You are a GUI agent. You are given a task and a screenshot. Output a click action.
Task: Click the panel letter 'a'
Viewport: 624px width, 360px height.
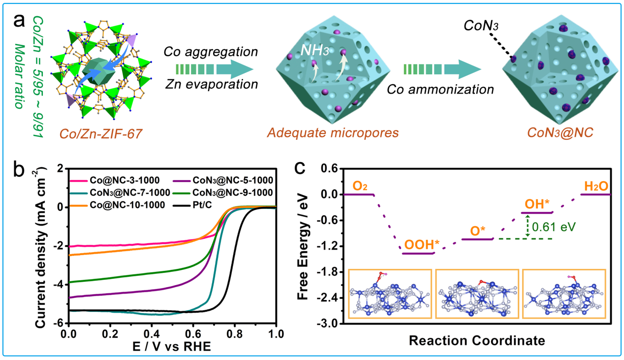[x=20, y=22]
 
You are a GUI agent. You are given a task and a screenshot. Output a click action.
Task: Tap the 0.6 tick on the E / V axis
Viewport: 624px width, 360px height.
[x=193, y=332]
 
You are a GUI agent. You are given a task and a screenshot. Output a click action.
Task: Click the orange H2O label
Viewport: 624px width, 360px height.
[x=595, y=186]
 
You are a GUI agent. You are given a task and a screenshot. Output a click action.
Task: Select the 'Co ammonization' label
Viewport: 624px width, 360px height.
[x=440, y=90]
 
